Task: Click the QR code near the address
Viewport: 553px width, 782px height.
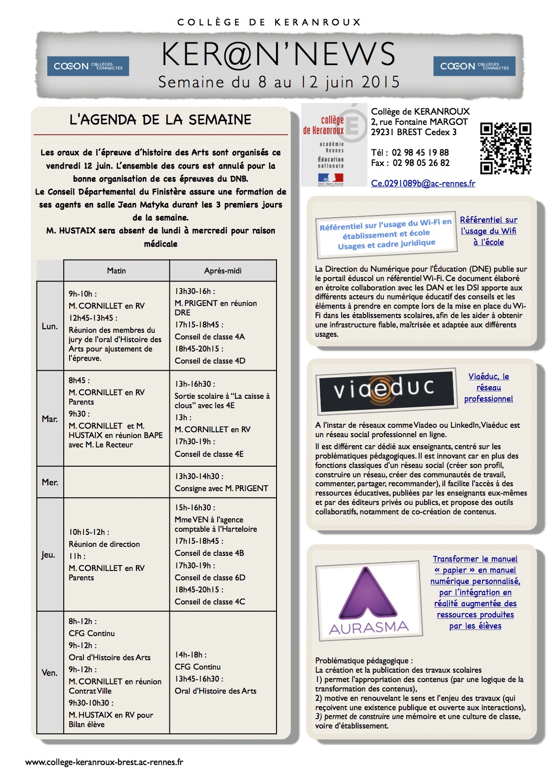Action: (505, 148)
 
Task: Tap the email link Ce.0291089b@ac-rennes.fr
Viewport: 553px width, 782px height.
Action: (423, 183)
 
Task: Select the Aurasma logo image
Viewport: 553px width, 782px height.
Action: (369, 600)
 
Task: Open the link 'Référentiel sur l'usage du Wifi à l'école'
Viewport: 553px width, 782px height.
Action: (488, 231)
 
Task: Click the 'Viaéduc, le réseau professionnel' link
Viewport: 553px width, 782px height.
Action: (488, 388)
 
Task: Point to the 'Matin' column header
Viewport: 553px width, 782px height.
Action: (116, 271)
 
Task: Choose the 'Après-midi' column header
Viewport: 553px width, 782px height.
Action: (223, 271)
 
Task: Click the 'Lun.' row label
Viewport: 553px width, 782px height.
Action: (50, 326)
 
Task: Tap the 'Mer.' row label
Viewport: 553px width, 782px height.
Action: (50, 482)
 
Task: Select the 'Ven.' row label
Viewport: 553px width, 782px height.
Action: (50, 673)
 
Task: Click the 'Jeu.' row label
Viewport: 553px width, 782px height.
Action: (48, 554)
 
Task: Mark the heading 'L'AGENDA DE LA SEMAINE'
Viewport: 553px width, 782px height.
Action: (161, 120)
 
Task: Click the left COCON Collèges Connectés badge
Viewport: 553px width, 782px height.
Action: (88, 66)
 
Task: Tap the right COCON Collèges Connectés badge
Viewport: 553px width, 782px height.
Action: (474, 66)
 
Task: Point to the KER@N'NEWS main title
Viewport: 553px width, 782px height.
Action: (278, 54)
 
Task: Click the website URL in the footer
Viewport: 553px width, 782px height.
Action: (104, 762)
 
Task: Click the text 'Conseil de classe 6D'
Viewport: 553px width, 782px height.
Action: (210, 577)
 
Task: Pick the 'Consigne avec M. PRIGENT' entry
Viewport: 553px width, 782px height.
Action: (221, 488)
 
